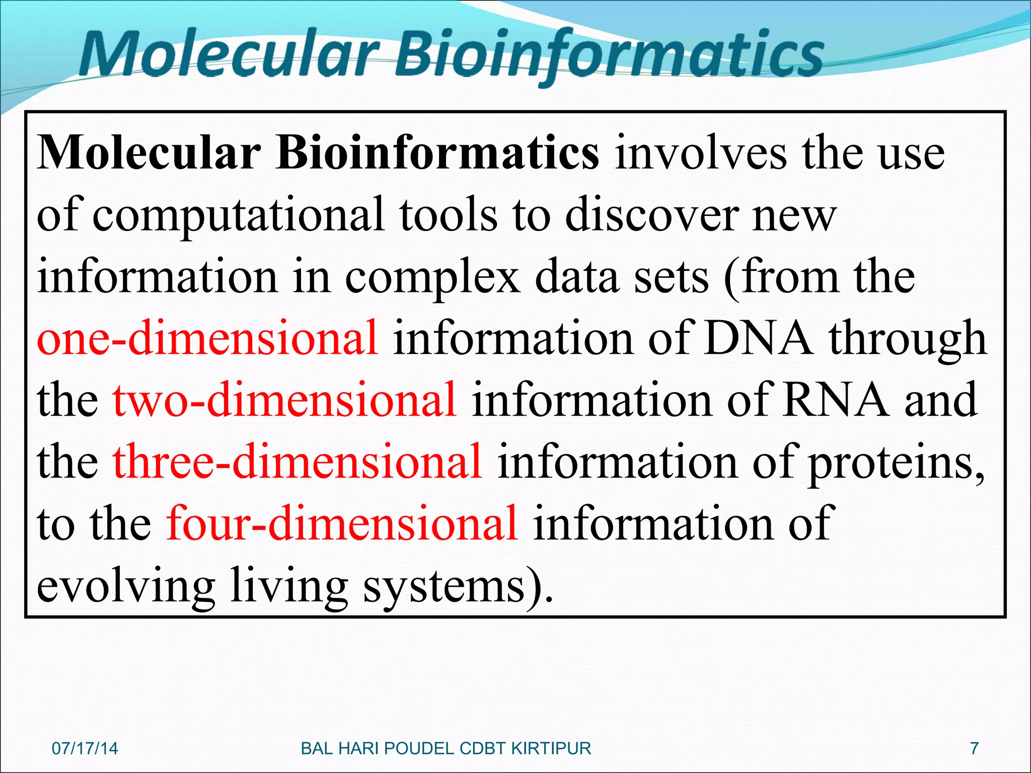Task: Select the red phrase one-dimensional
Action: (x=207, y=338)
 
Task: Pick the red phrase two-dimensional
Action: (x=285, y=400)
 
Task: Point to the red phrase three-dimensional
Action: (x=297, y=461)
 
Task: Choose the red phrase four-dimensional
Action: (x=342, y=523)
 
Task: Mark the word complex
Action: (x=432, y=278)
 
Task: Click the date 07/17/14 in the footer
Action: (x=85, y=748)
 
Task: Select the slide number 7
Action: (x=974, y=748)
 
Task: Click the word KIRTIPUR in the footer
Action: (x=551, y=748)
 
